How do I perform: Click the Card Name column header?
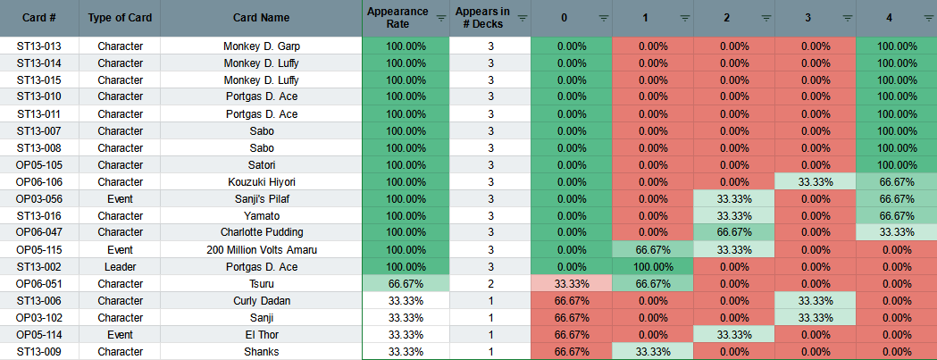[x=261, y=18]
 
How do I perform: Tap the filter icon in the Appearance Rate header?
[x=441, y=18]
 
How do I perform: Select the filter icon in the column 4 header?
[x=929, y=18]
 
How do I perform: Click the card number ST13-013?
[x=38, y=46]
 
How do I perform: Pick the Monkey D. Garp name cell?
[x=261, y=46]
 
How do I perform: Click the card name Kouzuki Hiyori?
[x=262, y=182]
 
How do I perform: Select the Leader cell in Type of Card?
[x=120, y=267]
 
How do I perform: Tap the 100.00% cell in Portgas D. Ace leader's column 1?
[x=653, y=267]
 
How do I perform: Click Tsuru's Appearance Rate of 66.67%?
[x=406, y=283]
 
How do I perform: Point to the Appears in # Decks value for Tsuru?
[x=490, y=283]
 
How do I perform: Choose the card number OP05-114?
[x=38, y=334]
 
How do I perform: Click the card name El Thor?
[x=261, y=334]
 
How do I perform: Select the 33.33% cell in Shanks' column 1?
[x=653, y=352]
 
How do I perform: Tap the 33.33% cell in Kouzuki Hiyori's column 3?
[x=816, y=182]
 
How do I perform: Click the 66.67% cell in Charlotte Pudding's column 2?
[x=734, y=232]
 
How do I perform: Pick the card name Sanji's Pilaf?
[x=261, y=198]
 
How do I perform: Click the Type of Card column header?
[x=120, y=18]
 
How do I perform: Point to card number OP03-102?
[x=38, y=317]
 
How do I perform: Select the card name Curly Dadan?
[x=261, y=301]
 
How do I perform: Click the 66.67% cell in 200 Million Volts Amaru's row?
[x=653, y=249]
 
